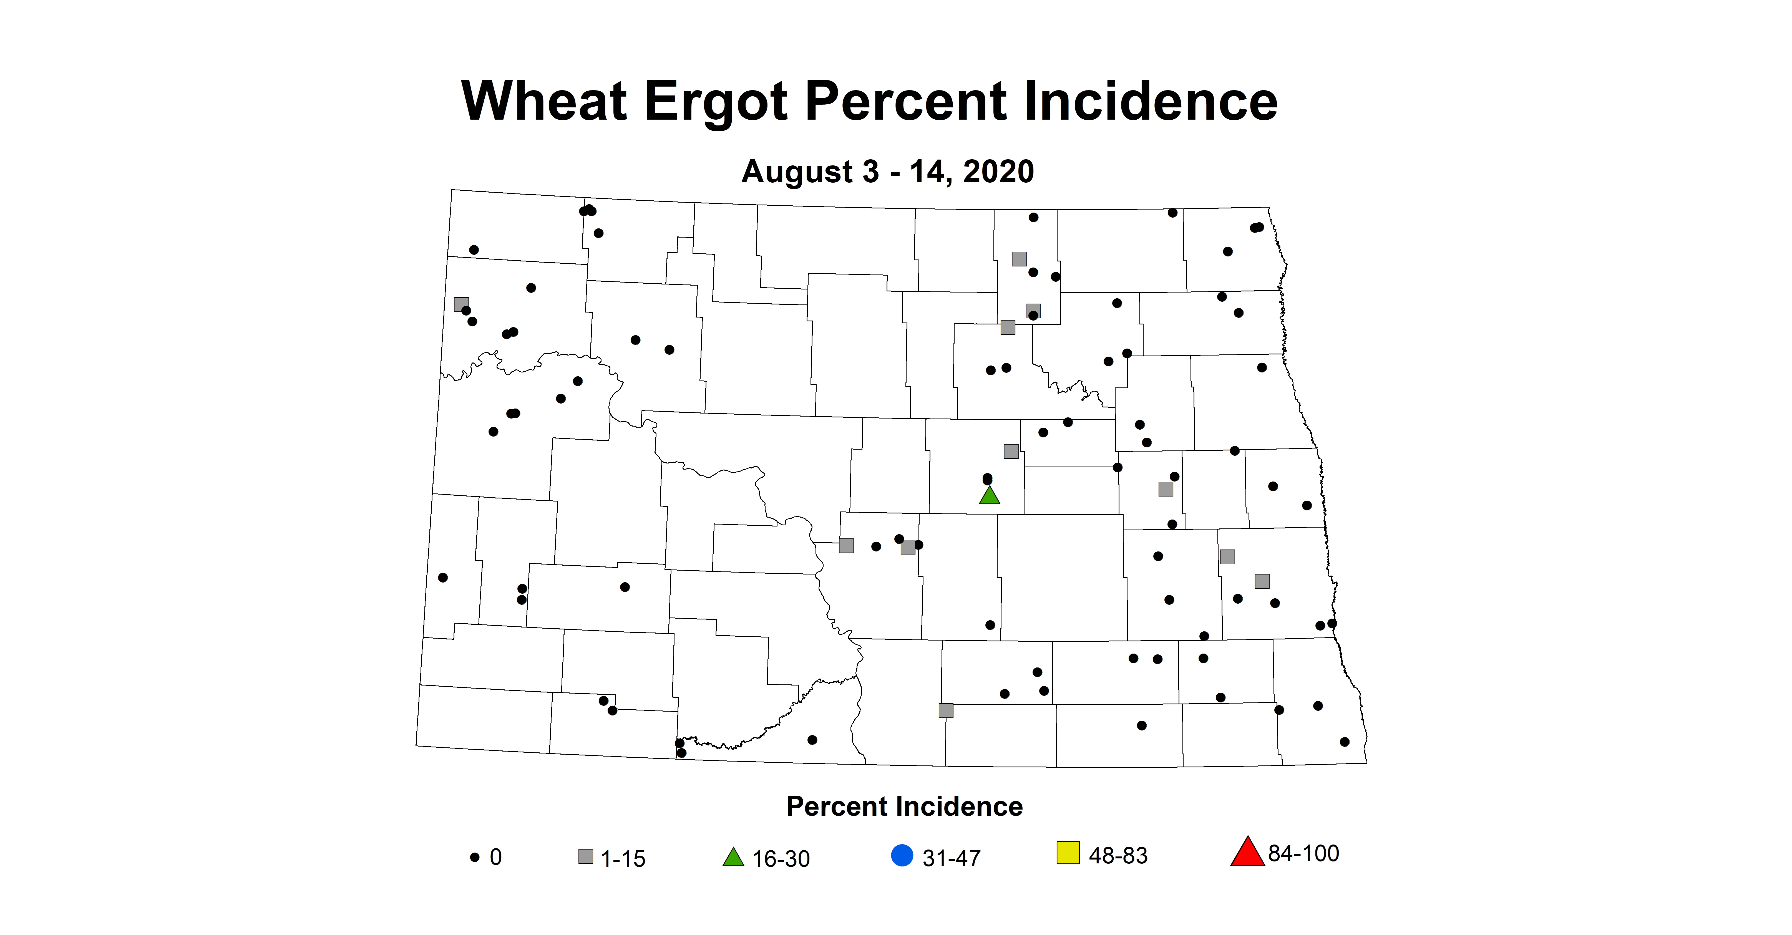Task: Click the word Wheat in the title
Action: pyautogui.click(x=544, y=102)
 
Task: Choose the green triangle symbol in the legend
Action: pyautogui.click(x=733, y=857)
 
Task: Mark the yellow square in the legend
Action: pyautogui.click(x=1068, y=853)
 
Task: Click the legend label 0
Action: pyautogui.click(x=495, y=857)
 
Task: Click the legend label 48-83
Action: pyautogui.click(x=1118, y=856)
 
